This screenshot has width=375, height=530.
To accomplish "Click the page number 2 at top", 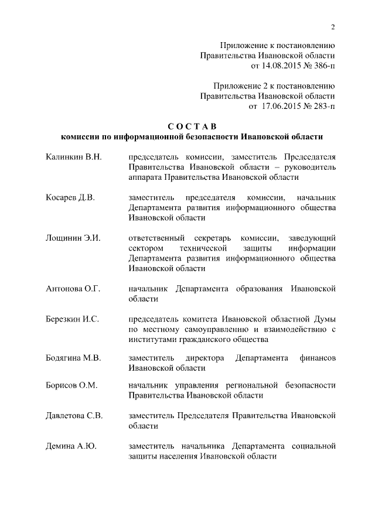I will (x=332, y=27).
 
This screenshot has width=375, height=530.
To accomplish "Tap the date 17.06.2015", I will (x=279, y=106).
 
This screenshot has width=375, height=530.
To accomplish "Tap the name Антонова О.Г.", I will (x=73, y=288).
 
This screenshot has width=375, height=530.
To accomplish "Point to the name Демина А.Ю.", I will (x=71, y=446).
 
